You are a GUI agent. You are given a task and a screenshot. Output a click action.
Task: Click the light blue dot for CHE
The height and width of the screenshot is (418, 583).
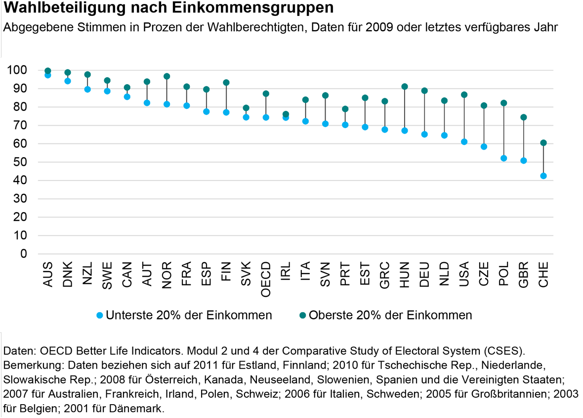tap(543, 176)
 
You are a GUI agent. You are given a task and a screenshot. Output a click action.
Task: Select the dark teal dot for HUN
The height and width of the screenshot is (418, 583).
tap(405, 87)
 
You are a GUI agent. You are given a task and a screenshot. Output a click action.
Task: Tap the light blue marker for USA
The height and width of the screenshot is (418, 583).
tap(464, 142)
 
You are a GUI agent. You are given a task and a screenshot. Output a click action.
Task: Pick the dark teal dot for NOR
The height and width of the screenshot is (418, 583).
tap(167, 77)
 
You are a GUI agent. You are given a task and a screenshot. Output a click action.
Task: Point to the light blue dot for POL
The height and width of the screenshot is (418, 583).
tap(503, 158)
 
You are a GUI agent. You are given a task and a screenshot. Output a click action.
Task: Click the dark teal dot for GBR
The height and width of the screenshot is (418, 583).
tap(524, 117)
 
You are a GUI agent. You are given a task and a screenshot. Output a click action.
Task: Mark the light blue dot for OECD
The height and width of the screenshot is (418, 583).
tap(266, 117)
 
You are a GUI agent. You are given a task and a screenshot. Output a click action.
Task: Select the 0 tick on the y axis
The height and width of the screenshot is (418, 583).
tap(23, 254)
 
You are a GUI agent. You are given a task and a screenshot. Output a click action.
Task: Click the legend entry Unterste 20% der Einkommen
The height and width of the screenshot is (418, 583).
tap(188, 315)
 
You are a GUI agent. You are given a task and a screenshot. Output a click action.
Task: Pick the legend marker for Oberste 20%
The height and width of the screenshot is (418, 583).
tap(303, 315)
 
